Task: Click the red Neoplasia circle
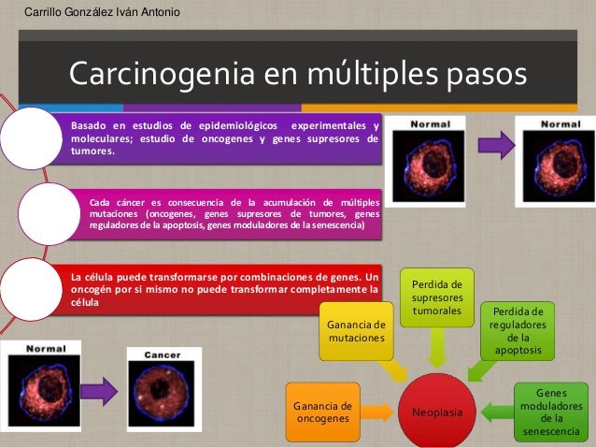437,410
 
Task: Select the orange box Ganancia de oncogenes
322,412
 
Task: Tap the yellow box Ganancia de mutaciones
356,330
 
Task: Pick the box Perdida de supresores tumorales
436,296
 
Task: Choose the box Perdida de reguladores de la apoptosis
517,330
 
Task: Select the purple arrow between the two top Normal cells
495,146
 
